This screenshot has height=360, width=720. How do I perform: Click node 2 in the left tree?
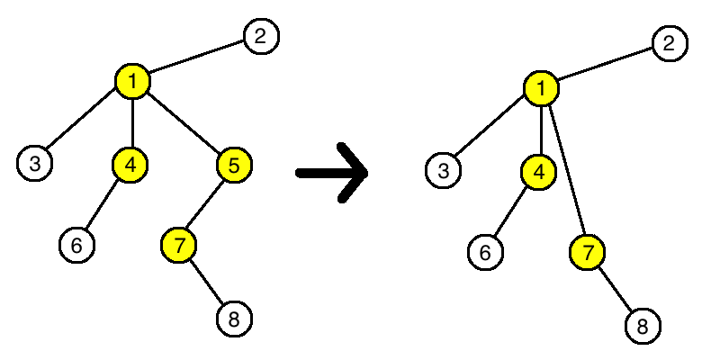click(x=261, y=36)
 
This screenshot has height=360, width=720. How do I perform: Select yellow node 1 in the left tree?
click(x=132, y=82)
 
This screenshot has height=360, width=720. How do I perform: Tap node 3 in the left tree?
click(x=34, y=163)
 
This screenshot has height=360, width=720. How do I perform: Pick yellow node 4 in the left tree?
click(x=130, y=164)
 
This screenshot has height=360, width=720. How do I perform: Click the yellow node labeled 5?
click(x=234, y=165)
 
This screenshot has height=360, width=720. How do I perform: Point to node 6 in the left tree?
click(x=77, y=245)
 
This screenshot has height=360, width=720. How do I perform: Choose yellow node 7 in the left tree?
click(x=179, y=245)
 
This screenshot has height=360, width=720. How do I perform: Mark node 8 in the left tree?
click(x=234, y=318)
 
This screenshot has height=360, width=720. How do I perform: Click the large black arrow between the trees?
click(x=333, y=172)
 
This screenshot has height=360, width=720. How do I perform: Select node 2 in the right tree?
click(x=669, y=42)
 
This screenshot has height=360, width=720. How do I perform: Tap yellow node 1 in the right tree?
click(x=541, y=88)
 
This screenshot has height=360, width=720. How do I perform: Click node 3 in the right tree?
click(x=442, y=169)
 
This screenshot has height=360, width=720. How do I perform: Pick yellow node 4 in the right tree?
click(x=538, y=171)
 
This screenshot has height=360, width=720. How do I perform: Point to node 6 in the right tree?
click(x=485, y=252)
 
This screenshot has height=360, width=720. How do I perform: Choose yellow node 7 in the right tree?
click(x=588, y=252)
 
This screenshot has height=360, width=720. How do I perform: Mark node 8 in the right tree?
click(x=643, y=325)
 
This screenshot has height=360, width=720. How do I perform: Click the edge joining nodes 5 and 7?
click(x=207, y=204)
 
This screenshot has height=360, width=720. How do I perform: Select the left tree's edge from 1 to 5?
click(x=184, y=123)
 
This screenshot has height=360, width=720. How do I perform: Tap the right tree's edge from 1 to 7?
click(x=564, y=170)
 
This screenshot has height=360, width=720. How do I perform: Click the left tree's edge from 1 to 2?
click(x=196, y=59)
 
